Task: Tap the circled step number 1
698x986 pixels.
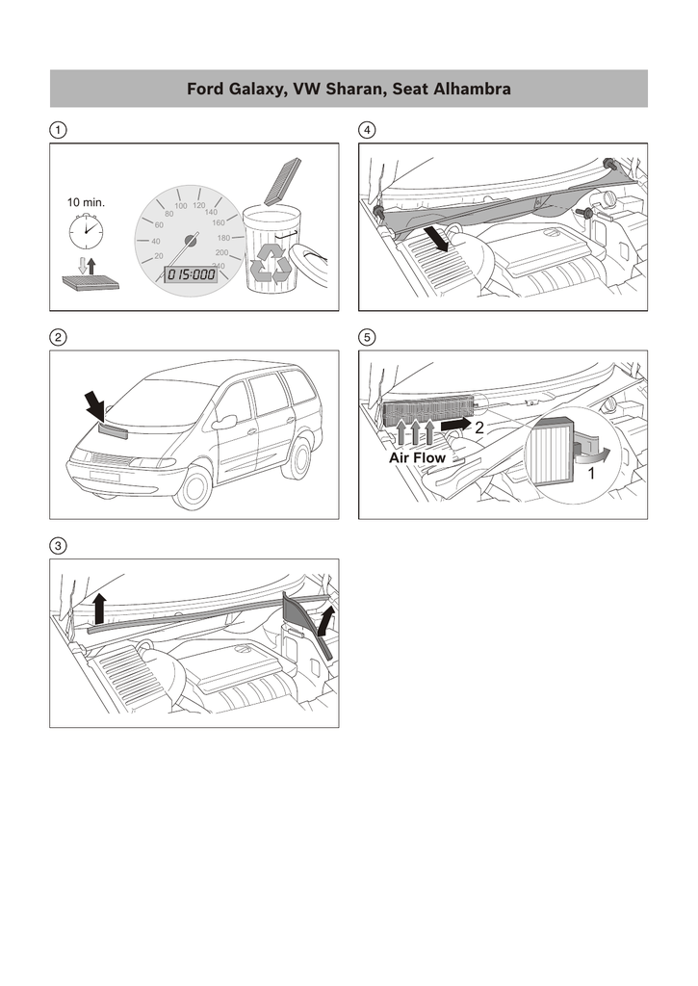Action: coord(59,129)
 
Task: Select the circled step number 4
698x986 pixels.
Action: coord(367,129)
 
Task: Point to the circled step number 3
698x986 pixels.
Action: coord(59,546)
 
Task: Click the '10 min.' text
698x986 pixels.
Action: coord(86,203)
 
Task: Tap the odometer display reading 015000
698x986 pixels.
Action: coord(192,274)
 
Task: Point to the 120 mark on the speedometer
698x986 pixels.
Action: coord(199,205)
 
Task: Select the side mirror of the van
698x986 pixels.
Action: coord(225,422)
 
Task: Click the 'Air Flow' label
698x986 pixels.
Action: coord(418,458)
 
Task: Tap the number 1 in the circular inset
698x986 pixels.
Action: coord(590,475)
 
